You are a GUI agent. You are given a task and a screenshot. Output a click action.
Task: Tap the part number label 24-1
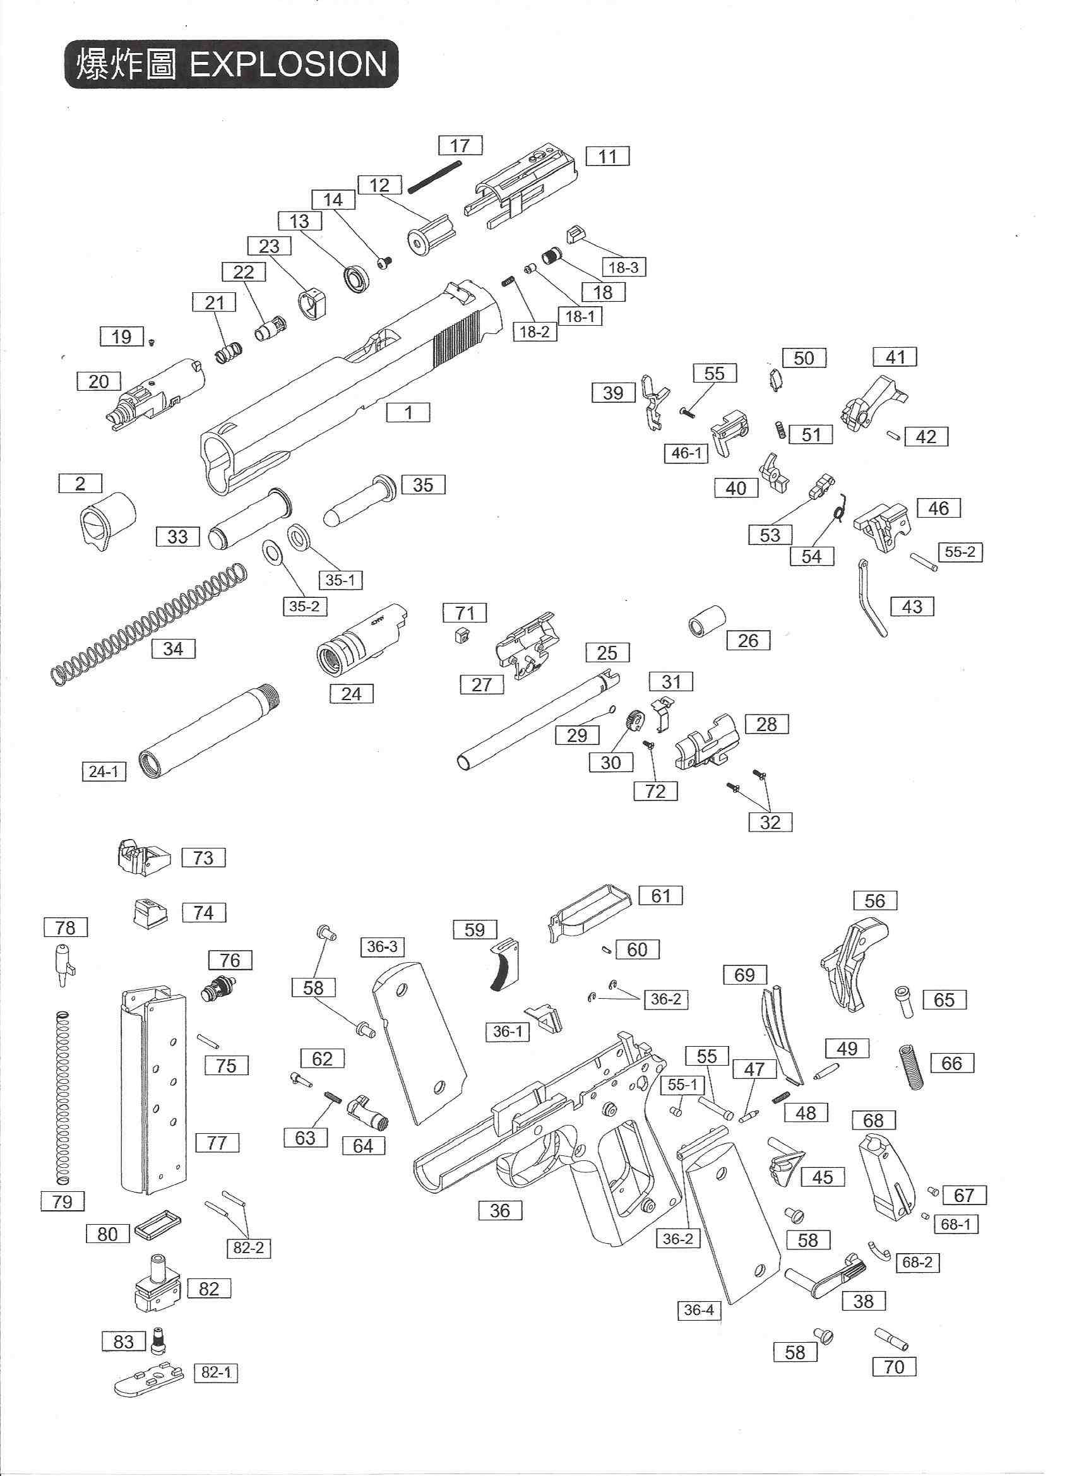pyautogui.click(x=104, y=772)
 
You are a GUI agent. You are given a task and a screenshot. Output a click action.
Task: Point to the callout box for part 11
pyautogui.click(x=607, y=156)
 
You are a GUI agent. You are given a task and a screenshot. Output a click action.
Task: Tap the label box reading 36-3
pyautogui.click(x=381, y=947)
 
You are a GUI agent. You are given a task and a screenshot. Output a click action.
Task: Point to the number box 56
pyautogui.click(x=875, y=901)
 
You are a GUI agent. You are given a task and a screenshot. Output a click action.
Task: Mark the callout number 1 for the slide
pyautogui.click(x=408, y=413)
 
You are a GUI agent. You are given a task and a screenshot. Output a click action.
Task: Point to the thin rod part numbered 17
pyautogui.click(x=435, y=176)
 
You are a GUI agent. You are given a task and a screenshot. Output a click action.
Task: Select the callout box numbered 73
pyautogui.click(x=203, y=858)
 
